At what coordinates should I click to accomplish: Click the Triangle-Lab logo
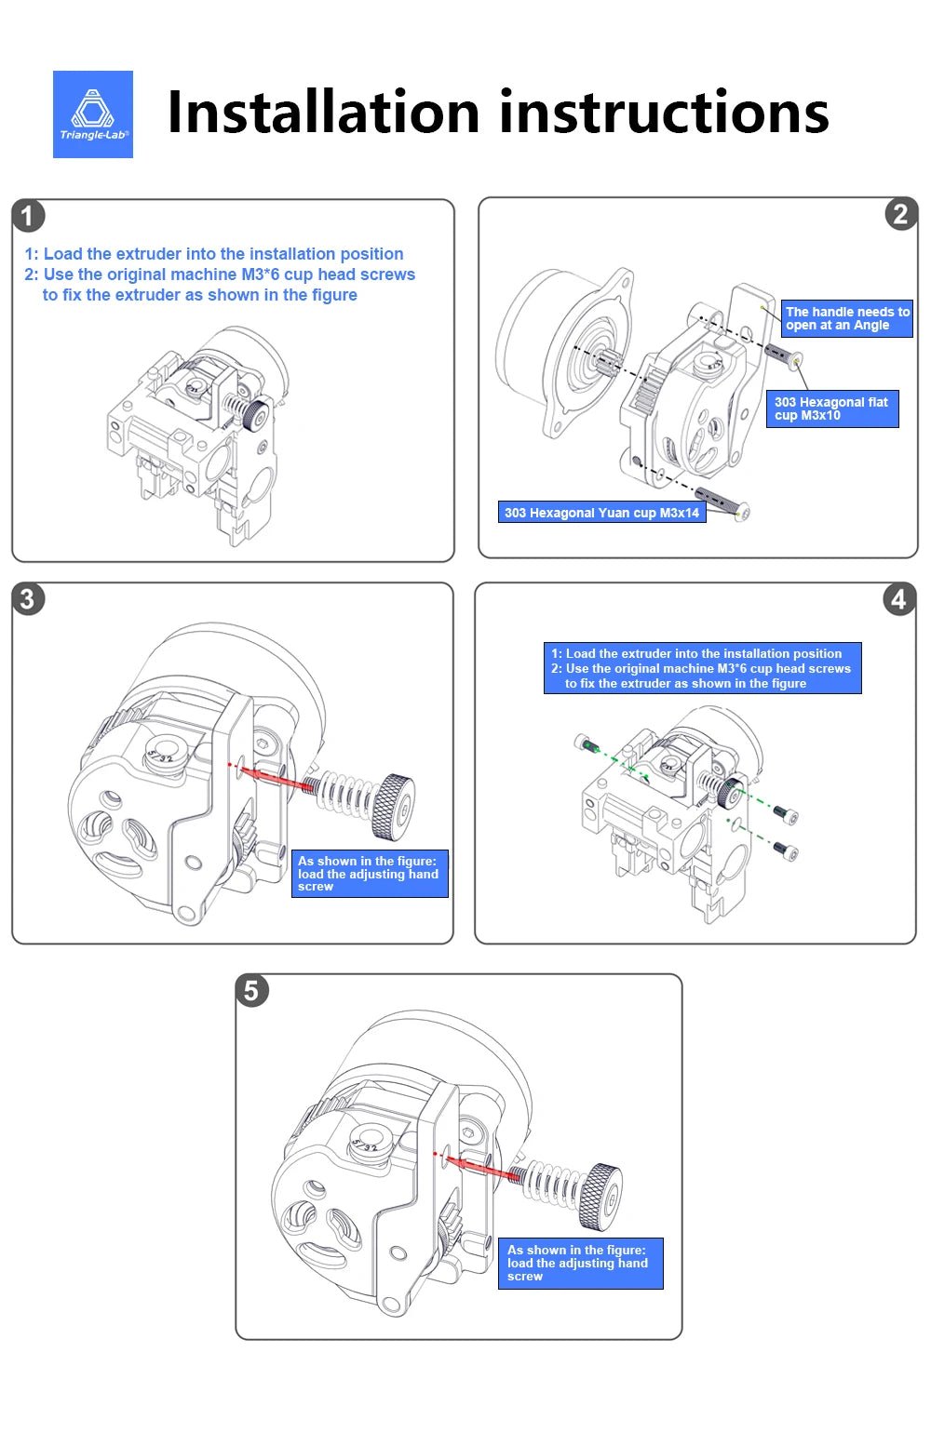(93, 114)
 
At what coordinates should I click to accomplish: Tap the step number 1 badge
(28, 216)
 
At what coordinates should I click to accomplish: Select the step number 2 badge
(900, 215)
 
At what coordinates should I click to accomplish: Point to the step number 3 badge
(28, 598)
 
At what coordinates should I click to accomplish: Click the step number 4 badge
(898, 598)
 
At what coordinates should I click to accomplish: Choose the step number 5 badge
(251, 990)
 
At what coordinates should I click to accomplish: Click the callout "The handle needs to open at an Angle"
(846, 318)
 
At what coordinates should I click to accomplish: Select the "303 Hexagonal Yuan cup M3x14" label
(601, 513)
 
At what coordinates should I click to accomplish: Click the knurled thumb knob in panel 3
(392, 806)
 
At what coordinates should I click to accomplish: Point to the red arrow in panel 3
(279, 778)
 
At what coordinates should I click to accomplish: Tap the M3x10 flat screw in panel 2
(783, 355)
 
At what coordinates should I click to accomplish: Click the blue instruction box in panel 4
(702, 668)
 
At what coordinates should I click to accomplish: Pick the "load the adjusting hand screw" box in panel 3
(371, 874)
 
